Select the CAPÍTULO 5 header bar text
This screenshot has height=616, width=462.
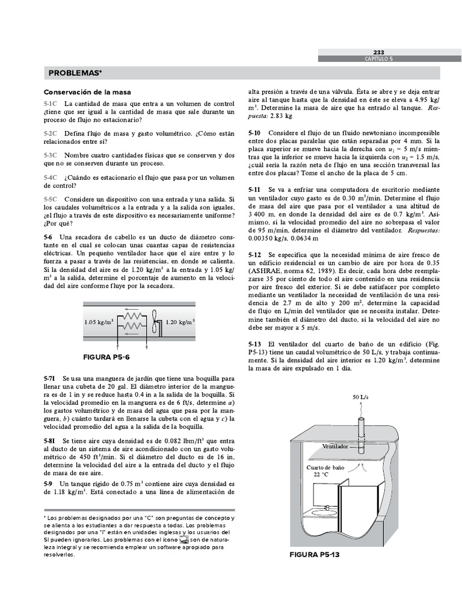[x=378, y=59]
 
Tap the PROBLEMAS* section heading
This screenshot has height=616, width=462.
[x=75, y=73]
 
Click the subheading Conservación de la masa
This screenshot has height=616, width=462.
[x=87, y=92]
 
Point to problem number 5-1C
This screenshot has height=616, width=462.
[x=51, y=104]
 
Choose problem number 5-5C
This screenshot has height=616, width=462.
[x=51, y=199]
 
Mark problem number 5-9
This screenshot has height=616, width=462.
[x=48, y=484]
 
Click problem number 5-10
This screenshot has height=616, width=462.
[x=254, y=132]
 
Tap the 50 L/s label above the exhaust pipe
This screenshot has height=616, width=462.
[x=361, y=397]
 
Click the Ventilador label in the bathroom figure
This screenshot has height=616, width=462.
[x=336, y=447]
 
